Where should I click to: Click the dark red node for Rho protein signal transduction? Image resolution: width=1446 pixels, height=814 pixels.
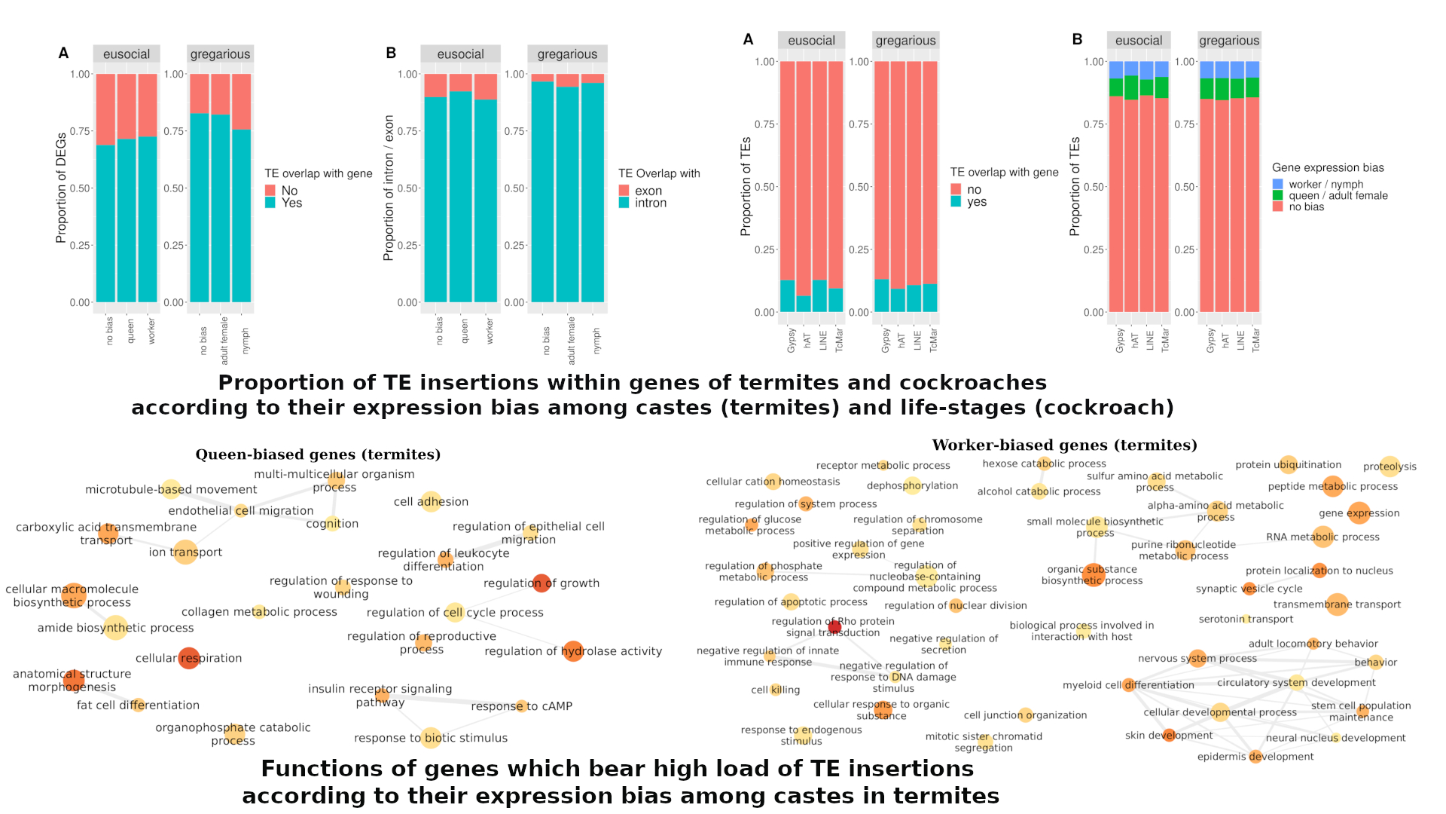(x=834, y=627)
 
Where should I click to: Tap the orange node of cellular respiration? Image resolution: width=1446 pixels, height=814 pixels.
(x=188, y=658)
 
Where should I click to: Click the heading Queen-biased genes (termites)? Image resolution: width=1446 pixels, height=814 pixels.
(x=318, y=454)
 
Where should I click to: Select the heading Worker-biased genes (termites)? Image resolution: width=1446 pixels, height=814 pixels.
(x=1064, y=445)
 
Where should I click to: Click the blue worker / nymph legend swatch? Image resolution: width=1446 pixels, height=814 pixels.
(x=1277, y=184)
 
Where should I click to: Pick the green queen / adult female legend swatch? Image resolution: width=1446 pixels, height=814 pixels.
(x=1277, y=195)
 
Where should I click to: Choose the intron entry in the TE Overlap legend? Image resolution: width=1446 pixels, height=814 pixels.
(x=650, y=203)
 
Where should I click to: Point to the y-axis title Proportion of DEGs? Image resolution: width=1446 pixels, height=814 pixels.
(x=61, y=188)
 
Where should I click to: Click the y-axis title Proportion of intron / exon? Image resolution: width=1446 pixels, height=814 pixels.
(x=389, y=188)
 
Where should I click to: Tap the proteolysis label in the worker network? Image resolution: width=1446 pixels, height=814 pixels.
(x=1390, y=467)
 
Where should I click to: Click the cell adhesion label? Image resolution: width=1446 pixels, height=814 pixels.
(x=431, y=501)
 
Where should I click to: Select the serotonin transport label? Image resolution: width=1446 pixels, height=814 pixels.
(x=1246, y=619)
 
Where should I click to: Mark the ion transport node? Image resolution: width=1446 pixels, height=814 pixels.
(x=185, y=552)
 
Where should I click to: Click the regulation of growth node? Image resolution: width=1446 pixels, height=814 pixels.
(x=541, y=583)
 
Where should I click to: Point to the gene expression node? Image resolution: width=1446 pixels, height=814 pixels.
(x=1359, y=513)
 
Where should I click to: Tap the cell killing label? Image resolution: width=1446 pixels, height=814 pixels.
(x=775, y=690)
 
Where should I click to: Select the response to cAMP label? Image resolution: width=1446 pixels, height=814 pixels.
(x=521, y=706)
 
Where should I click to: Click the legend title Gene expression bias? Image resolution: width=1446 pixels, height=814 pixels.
(x=1328, y=167)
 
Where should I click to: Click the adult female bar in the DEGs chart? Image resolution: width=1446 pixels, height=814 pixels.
(x=221, y=208)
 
